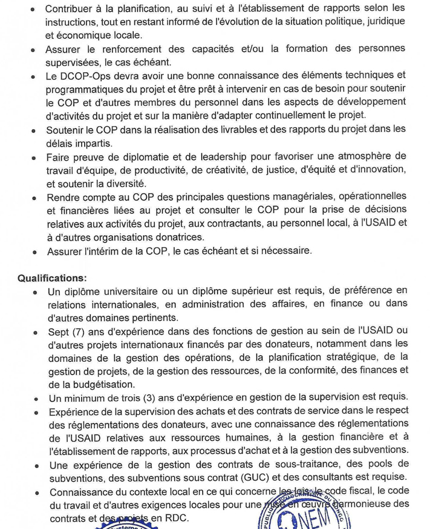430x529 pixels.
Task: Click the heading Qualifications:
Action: [x=52, y=278]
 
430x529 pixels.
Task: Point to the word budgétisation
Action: [x=100, y=384]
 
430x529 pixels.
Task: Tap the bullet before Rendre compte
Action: [x=34, y=198]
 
